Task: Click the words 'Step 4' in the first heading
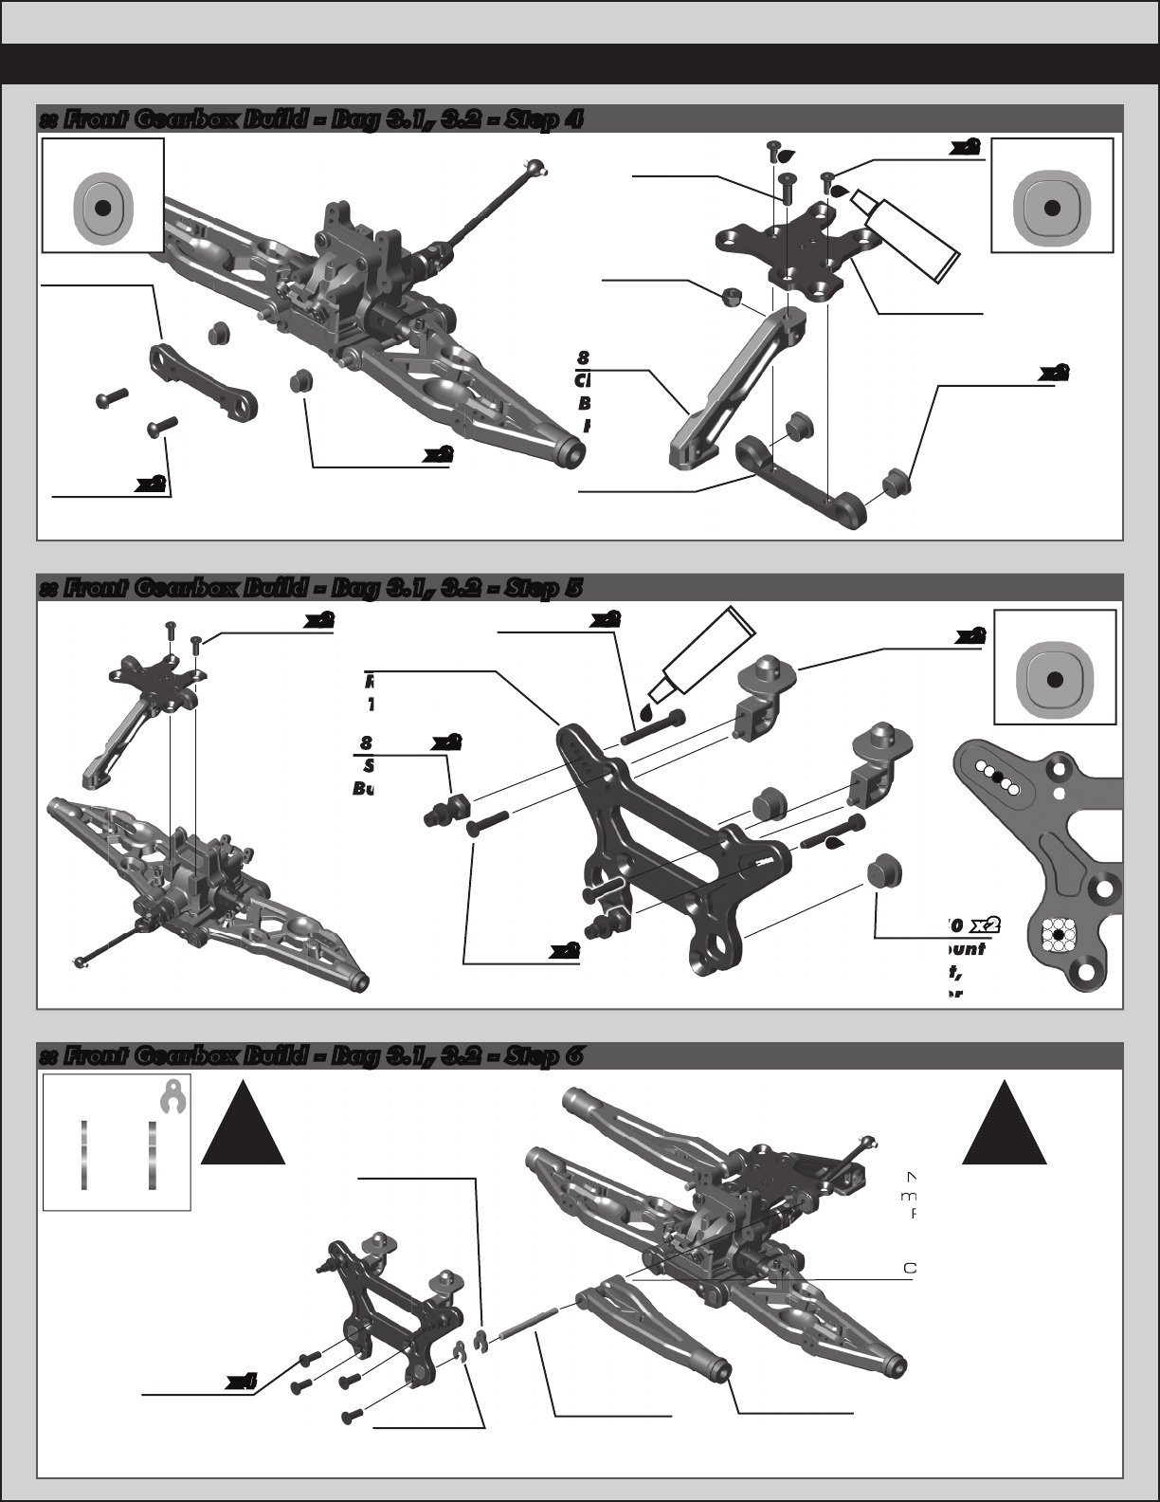coord(549,119)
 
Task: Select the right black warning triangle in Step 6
coord(1005,1126)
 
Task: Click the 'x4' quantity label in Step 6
coord(242,1383)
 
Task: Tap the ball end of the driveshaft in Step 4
coord(542,169)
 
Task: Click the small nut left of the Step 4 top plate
coord(729,298)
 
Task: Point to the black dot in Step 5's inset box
coord(1055,681)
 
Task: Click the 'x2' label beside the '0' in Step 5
coord(987,924)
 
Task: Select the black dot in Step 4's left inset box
coord(104,208)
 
